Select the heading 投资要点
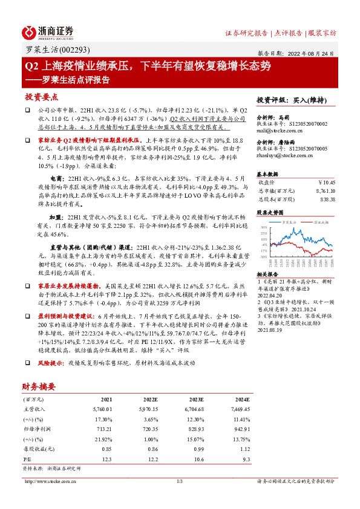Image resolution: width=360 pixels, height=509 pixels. point(41,97)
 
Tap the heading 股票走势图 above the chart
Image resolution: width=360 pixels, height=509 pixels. point(270,213)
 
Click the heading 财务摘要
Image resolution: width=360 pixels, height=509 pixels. point(39,386)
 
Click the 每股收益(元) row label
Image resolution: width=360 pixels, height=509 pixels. point(38,450)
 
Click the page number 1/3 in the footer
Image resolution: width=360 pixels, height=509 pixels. point(180,482)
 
